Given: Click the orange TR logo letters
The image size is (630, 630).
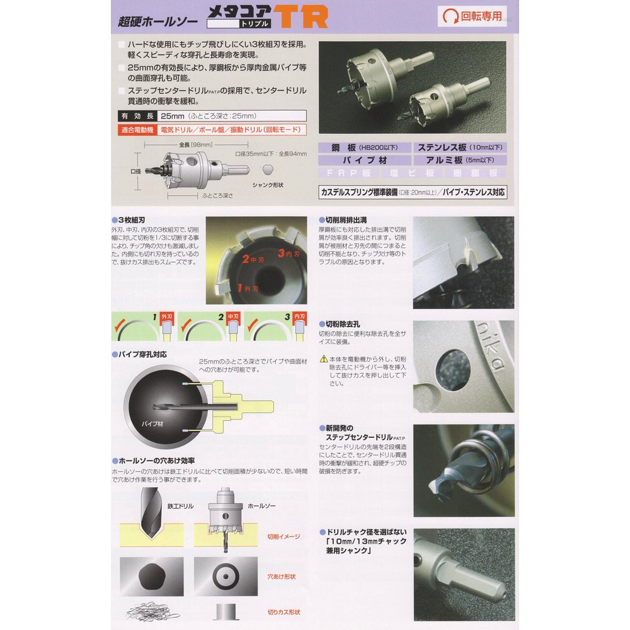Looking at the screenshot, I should pos(301,17).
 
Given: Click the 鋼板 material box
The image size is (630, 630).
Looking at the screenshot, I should pos(364,147).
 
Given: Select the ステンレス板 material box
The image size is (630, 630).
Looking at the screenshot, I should pos(459,147).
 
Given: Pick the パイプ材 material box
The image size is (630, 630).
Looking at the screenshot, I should pos(364,160).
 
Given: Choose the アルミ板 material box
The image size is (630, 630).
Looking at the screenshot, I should pos(459,160).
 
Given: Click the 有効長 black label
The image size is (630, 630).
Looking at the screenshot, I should pos(136,117).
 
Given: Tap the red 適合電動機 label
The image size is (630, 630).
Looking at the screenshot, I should pos(136,130).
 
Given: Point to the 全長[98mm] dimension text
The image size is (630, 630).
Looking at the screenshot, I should pos(193,144).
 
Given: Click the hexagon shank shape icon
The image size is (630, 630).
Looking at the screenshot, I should pos(268,170).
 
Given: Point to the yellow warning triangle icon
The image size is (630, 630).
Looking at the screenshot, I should pos(323,358).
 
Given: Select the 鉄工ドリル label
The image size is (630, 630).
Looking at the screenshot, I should pos(180,505).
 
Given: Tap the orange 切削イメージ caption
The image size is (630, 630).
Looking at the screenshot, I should pos(283,536).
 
